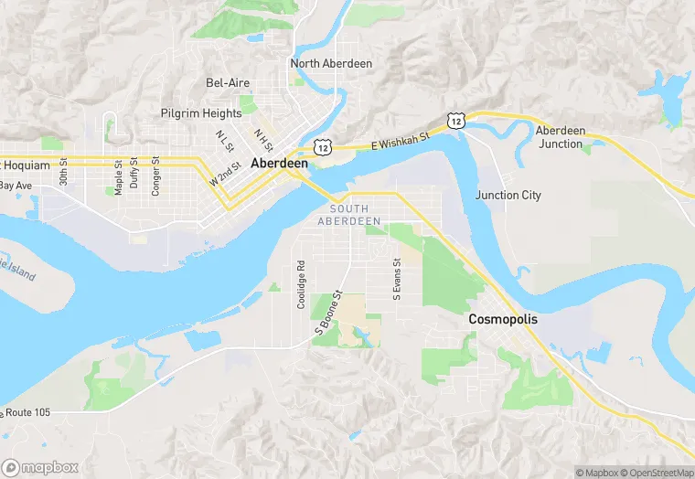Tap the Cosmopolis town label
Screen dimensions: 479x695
point(503,320)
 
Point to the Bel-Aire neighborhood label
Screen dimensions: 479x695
point(228,83)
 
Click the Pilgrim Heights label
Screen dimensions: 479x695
point(201,113)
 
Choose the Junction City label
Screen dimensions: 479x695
point(508,196)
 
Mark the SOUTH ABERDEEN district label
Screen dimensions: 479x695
point(348,216)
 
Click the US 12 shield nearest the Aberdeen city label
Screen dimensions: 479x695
point(321,146)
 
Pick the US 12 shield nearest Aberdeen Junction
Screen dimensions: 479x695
point(454,120)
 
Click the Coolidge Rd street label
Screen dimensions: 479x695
point(301,285)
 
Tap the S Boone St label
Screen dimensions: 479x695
point(328,315)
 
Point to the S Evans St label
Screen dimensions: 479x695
point(397,279)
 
